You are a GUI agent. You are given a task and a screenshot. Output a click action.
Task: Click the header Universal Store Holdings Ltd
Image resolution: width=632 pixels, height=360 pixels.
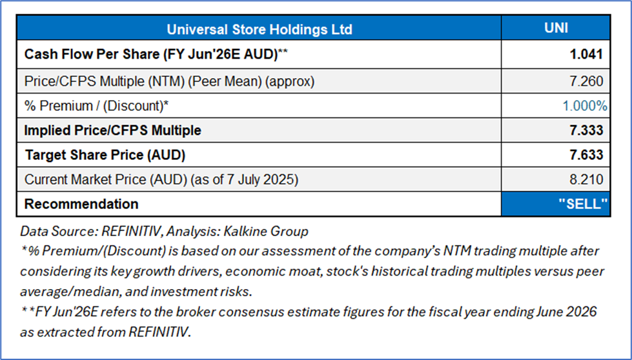pos(259,30)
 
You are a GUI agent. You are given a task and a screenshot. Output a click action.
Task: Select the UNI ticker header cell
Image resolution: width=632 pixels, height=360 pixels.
pos(556,28)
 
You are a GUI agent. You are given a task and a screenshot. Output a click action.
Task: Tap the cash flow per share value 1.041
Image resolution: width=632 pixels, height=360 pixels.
pos(586,54)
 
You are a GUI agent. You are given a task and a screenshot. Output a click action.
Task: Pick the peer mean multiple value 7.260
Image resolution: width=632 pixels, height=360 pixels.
pos(586,81)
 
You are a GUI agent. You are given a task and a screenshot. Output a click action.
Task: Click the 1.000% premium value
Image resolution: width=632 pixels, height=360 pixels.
pos(585,106)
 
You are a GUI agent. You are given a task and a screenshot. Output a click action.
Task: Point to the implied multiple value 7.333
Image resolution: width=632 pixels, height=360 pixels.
pos(586,130)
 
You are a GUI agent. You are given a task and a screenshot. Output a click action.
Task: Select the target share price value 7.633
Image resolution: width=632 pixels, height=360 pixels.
pos(586,155)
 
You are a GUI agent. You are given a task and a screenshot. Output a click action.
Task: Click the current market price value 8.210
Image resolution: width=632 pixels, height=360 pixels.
pos(586,179)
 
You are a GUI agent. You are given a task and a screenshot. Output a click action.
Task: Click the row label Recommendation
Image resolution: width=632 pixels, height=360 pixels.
pos(81,204)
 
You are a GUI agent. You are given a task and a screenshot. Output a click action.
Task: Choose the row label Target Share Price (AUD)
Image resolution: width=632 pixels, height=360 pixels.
pos(105,155)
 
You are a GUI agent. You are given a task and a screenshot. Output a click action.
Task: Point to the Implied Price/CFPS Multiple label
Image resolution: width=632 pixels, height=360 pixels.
pos(113,130)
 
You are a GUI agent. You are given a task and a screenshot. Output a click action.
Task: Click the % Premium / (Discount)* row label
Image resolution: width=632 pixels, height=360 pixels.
pos(97,106)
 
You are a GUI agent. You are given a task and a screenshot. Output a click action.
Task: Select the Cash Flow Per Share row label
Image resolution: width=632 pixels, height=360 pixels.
pos(156,54)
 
